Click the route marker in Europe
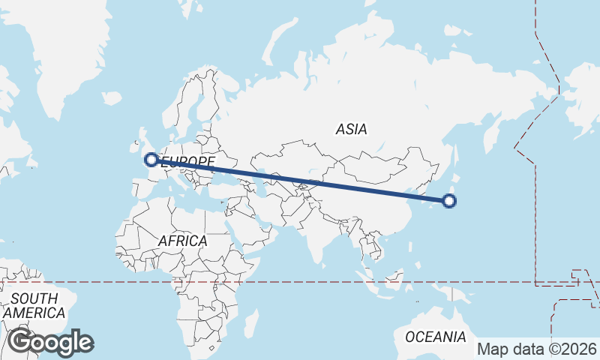(x=151, y=159)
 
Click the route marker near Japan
(x=449, y=200)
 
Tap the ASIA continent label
(x=351, y=129)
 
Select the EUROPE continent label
(x=189, y=161)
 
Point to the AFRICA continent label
(x=182, y=241)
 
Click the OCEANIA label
(x=436, y=337)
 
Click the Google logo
(x=50, y=342)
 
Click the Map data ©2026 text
(x=537, y=349)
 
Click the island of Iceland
(x=111, y=98)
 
